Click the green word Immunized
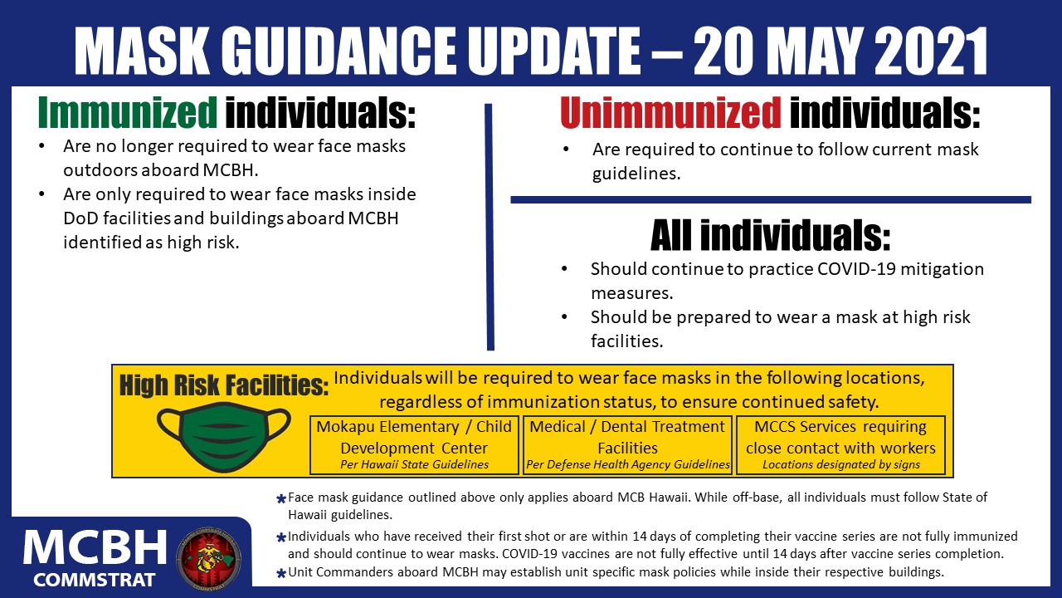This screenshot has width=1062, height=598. [x=128, y=112]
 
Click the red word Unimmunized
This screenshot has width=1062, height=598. [x=670, y=112]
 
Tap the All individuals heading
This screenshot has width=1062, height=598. [x=771, y=235]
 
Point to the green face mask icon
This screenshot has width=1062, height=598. [x=224, y=437]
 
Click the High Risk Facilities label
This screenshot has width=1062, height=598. [x=224, y=385]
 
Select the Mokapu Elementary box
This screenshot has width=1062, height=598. [x=414, y=445]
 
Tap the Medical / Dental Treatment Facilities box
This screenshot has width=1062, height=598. [x=627, y=445]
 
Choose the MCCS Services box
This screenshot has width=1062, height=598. [x=840, y=445]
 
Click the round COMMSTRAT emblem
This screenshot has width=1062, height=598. [x=208, y=559]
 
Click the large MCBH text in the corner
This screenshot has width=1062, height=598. [x=95, y=548]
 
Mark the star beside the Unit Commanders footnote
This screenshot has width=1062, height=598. [x=280, y=573]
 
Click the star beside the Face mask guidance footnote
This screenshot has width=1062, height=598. [x=280, y=499]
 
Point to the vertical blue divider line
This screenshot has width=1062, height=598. [x=490, y=227]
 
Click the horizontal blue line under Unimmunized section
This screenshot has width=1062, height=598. [x=771, y=200]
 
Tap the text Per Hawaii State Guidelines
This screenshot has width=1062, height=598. [x=414, y=464]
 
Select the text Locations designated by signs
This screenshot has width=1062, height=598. [x=841, y=464]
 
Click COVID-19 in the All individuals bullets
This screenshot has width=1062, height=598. [x=856, y=269]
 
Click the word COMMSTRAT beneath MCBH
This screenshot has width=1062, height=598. [x=94, y=580]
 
